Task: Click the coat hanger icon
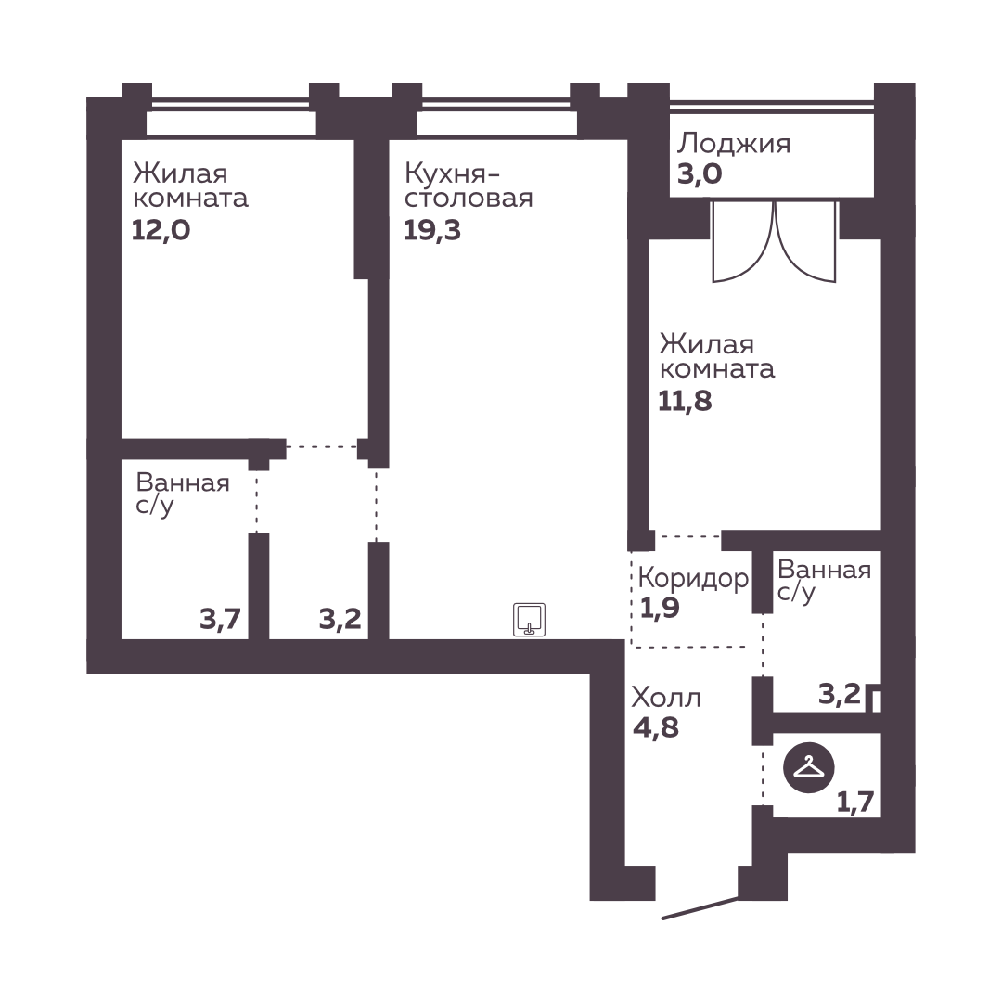[808, 768]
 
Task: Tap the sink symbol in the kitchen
[529, 620]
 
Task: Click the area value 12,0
[161, 230]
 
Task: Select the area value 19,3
[432, 230]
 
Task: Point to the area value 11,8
[685, 402]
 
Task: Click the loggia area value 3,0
[700, 173]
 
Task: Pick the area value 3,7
[220, 619]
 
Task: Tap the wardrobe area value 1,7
[855, 802]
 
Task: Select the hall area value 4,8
[656, 727]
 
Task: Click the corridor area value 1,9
[660, 609]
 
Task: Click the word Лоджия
[734, 144]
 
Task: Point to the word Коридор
[693, 579]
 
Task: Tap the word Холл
[666, 698]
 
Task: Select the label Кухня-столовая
[469, 186]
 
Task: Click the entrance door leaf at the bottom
[700, 908]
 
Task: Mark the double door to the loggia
[775, 241]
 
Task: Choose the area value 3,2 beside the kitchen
[340, 619]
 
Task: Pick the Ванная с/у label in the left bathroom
[183, 494]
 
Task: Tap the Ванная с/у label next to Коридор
[825, 581]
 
